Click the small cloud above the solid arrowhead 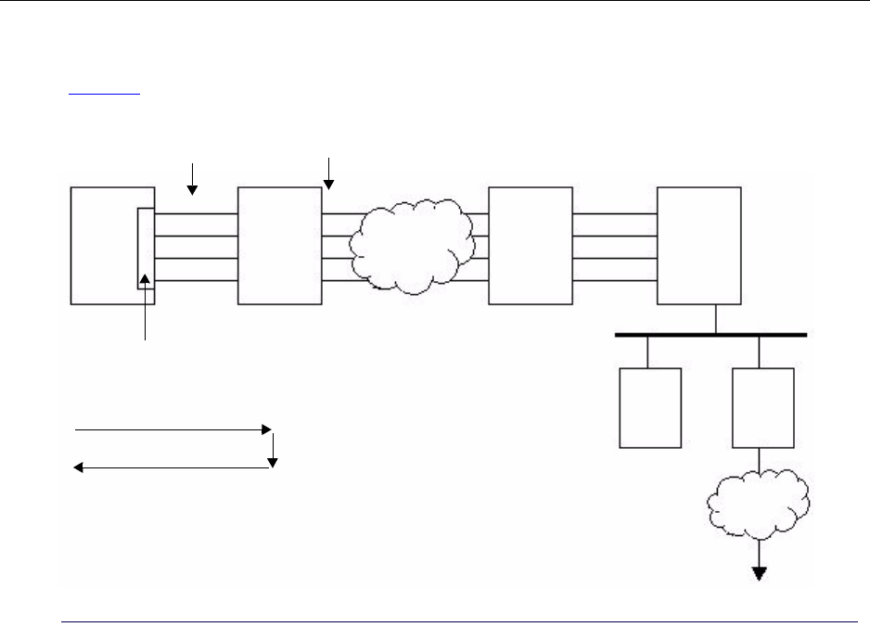coord(758,505)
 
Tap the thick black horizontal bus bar coord(710,334)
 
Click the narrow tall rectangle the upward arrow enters coord(146,249)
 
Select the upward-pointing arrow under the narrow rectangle coord(145,306)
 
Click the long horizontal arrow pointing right coord(173,430)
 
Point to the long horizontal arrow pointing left coord(173,468)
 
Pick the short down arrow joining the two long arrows coord(274,449)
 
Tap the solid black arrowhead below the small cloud coord(760,573)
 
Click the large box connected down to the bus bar coord(698,245)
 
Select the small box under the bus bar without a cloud coord(649,407)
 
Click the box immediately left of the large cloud coord(279,245)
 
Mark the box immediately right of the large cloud coord(530,245)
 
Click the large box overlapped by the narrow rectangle coord(102,245)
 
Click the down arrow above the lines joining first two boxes coord(193,178)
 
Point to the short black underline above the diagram coord(105,94)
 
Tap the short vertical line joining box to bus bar coord(715,318)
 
